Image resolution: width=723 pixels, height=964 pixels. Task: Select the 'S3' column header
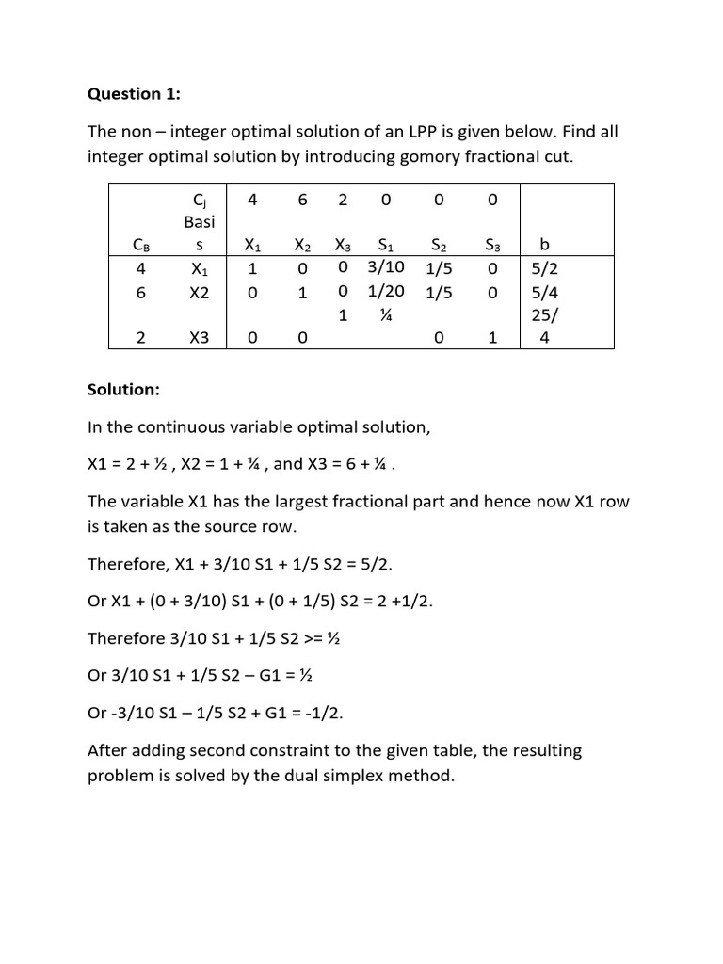click(x=492, y=246)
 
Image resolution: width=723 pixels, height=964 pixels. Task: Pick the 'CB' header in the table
click(x=141, y=247)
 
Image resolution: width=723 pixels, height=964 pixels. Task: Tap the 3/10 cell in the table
click(x=386, y=267)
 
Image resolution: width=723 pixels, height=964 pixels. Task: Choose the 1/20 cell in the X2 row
click(x=386, y=292)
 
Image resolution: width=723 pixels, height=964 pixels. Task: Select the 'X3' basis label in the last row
click(x=199, y=339)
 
